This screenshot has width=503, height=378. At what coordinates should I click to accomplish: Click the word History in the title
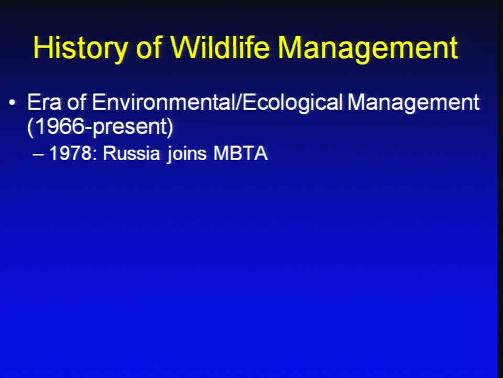coord(80,48)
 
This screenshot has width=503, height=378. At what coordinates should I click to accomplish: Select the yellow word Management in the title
coord(368,48)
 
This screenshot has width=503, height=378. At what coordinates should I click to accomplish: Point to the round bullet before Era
coord(12,103)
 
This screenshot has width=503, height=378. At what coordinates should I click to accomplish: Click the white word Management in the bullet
coord(413,103)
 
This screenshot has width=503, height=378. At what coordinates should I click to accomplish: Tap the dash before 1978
coord(38,154)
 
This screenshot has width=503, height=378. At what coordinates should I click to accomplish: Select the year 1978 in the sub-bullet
coord(71,153)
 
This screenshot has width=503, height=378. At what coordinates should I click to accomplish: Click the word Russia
coord(131,153)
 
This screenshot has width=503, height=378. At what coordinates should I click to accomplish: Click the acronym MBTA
coord(240,153)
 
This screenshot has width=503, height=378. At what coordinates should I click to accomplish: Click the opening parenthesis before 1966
coord(30,128)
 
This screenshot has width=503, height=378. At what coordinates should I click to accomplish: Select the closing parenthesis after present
coord(170,128)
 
